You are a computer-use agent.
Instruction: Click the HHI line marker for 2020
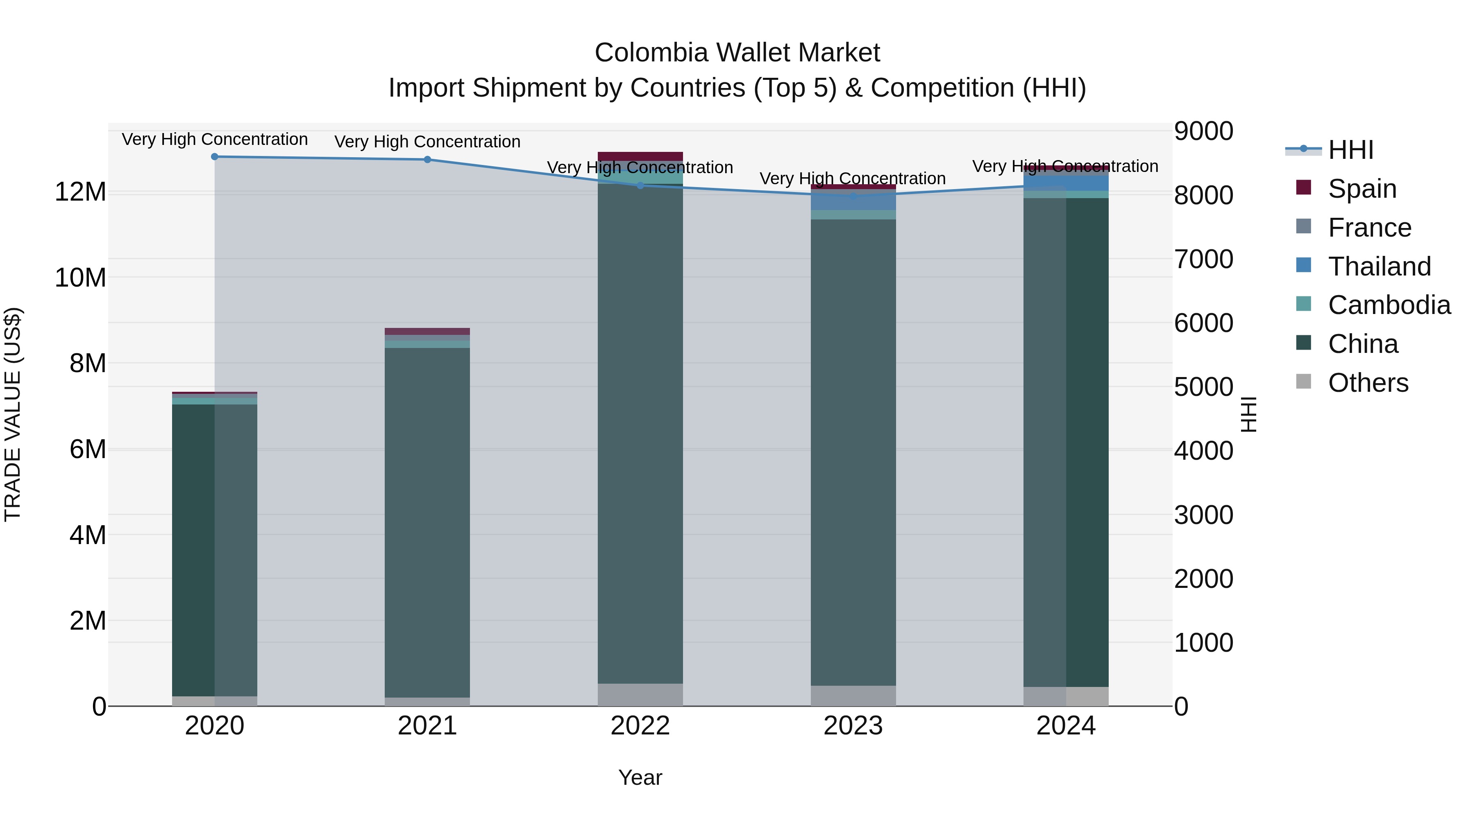click(x=215, y=157)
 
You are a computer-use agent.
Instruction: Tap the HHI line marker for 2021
click(x=427, y=160)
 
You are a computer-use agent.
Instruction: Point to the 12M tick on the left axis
click(x=80, y=192)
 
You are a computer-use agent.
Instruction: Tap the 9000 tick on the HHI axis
click(x=1204, y=131)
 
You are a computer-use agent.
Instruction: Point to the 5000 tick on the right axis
click(x=1204, y=387)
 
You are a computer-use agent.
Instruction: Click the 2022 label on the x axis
click(x=640, y=726)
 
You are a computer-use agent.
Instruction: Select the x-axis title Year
click(x=640, y=777)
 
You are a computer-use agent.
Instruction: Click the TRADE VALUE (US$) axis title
click(x=13, y=414)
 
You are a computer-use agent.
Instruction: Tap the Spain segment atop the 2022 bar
click(x=640, y=156)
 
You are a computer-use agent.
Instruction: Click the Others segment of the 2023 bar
click(x=853, y=695)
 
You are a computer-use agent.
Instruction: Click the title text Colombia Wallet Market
click(x=737, y=53)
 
